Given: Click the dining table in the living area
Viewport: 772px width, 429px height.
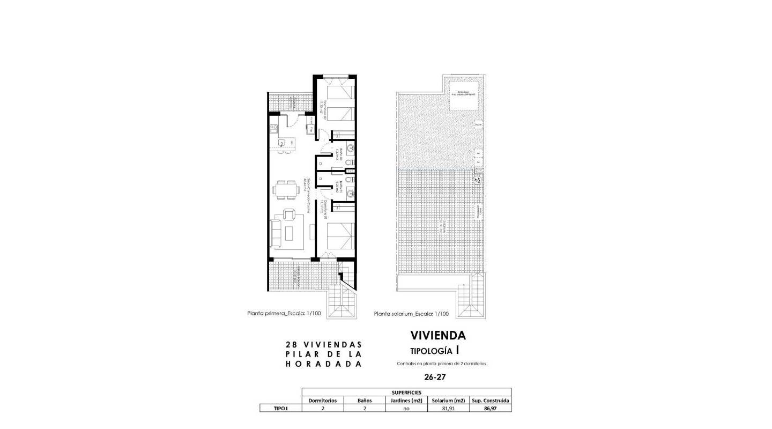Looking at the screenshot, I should tap(285, 189).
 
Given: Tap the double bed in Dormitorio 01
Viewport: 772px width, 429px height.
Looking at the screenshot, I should tap(341, 236).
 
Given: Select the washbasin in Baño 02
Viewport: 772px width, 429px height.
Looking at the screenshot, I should tap(350, 148).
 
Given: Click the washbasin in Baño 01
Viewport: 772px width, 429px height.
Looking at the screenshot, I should tap(350, 193).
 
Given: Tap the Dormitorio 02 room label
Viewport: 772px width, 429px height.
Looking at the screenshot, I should tap(321, 109).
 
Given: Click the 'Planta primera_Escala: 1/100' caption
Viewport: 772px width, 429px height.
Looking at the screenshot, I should tap(284, 314).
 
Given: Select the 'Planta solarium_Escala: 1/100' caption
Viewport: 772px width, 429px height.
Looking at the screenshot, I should tap(411, 314).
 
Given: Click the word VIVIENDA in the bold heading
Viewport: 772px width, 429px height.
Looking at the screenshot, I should tap(438, 336).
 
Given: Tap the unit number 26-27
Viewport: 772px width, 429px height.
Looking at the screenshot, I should tap(435, 377).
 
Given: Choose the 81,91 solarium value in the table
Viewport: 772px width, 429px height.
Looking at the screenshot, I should tap(448, 408).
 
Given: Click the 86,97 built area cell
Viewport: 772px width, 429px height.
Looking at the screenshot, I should tap(490, 408).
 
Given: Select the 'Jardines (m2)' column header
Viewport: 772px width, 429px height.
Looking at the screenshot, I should tap(406, 400).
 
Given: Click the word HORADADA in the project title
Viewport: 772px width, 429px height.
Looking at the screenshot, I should tap(323, 364).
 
